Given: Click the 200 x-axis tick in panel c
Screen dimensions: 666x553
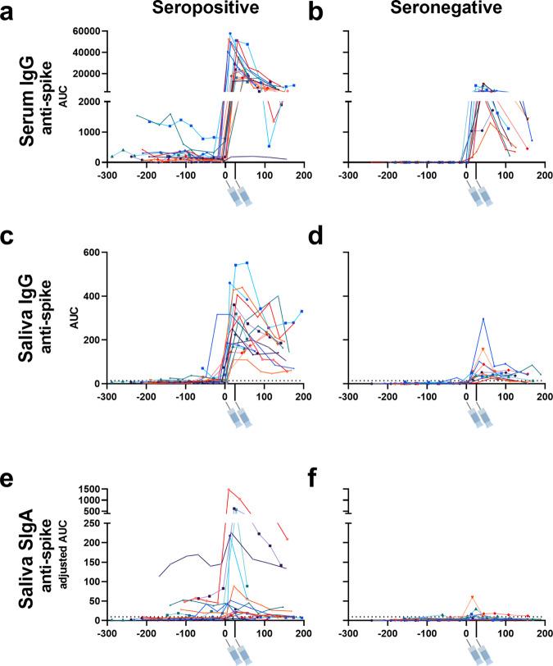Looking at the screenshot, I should tap(305, 396).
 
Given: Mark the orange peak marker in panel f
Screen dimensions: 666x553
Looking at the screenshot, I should tap(472, 597).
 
